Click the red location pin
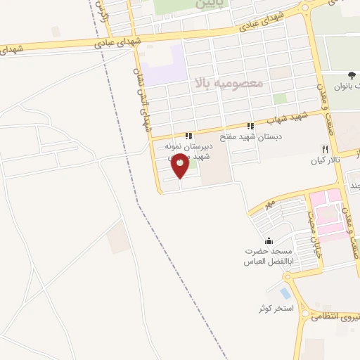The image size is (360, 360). coord(181,167)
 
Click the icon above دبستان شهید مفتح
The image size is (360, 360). coord(251,126)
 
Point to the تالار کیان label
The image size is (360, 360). coord(325,160)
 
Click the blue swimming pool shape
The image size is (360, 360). coord(284,292)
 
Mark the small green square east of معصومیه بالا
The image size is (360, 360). coord(280,98)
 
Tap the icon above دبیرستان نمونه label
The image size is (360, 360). coord(188,136)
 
